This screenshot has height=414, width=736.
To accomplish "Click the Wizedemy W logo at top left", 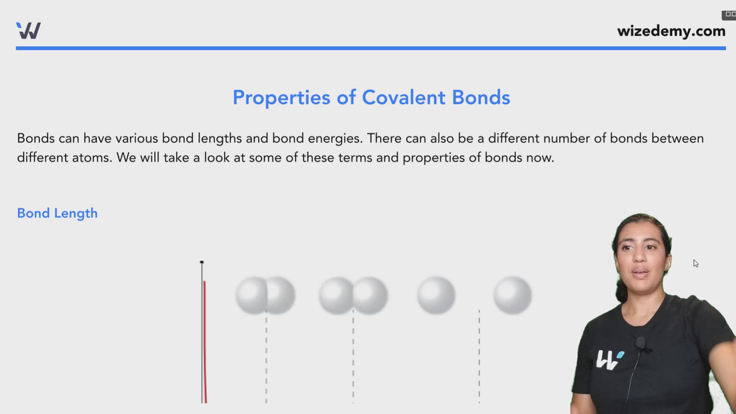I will pos(28,31).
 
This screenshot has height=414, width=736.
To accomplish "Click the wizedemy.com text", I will pos(671,31).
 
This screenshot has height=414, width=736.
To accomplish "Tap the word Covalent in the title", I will pos(404,97).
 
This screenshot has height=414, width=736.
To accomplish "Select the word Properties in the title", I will pos(281,97).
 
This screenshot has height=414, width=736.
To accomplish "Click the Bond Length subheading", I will pos(57,213).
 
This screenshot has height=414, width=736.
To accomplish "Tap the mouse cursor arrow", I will pos(695,263).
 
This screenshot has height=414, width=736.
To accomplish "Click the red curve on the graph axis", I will pos(205,337).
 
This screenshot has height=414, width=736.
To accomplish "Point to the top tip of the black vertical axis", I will pos(202,262).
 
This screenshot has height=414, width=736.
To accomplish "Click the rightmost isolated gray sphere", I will pos(512,295).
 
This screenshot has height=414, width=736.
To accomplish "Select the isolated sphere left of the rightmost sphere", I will pos(436,295).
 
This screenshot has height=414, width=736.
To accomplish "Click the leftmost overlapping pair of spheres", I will pos(265,295).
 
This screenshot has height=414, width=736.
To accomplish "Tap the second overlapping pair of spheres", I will pos(353,295).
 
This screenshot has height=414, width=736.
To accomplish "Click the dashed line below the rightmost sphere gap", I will pos(479,356).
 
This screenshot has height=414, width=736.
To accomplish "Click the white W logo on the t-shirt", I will pos(609,359).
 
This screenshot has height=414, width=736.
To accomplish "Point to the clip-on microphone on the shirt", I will pos(640,342).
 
